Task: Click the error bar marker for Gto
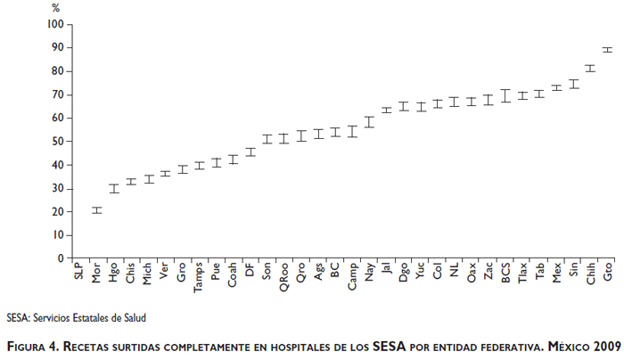[x=608, y=50]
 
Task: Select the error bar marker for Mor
[x=96, y=210]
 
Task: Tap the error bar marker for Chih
[x=590, y=68]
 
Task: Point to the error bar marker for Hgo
[x=114, y=188]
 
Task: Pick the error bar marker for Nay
[x=369, y=122]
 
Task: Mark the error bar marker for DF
[x=250, y=151]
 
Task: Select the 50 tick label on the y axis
[x=57, y=142]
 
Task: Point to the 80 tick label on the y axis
[x=57, y=71]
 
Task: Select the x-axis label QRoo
[x=283, y=274]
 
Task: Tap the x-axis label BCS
[x=505, y=271]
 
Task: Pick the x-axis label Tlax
[x=522, y=272]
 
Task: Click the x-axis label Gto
[x=608, y=271]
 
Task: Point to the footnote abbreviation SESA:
[x=19, y=317]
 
